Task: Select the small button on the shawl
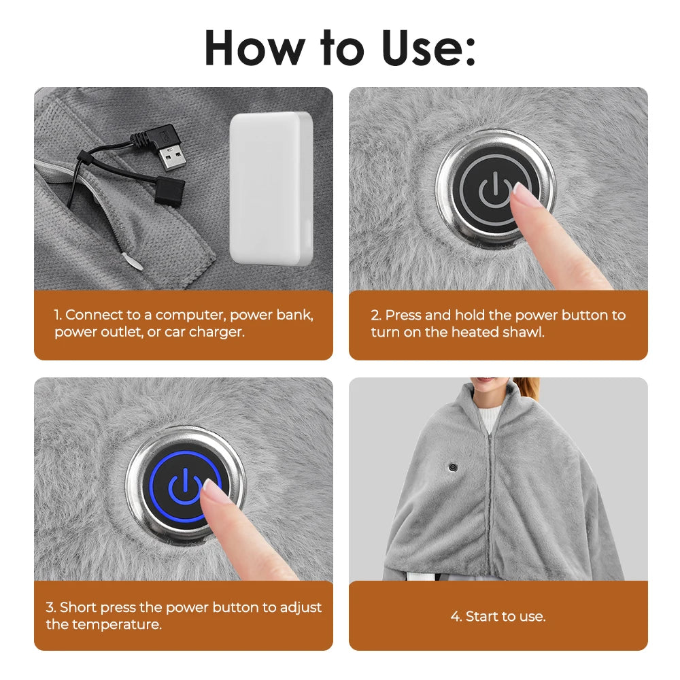[451, 467]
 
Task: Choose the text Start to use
[498, 617]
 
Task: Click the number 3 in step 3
[50, 607]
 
